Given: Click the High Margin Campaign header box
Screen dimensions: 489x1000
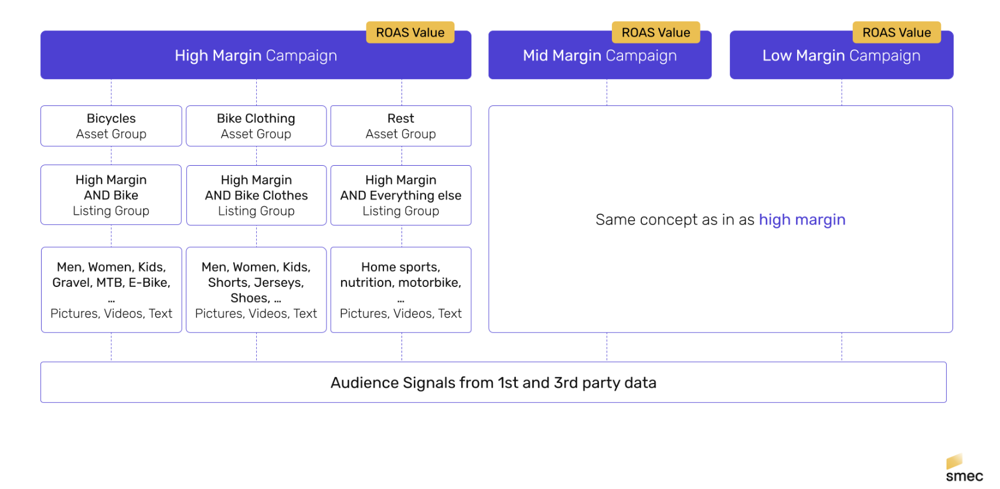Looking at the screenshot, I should pos(256,56).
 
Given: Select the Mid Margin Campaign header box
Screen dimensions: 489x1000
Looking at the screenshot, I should pos(600,56).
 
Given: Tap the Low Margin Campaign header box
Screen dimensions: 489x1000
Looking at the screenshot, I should pos(841,56).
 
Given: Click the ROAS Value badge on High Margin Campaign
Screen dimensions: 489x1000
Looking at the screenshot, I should pos(410,33).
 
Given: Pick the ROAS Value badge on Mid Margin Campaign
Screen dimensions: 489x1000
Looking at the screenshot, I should pos(656,33).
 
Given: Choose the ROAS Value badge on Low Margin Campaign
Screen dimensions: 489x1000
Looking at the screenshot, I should pos(896,33).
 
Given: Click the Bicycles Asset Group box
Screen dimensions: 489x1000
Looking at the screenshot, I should pos(111,126).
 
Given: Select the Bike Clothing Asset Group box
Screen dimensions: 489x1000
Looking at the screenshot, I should pos(256,126).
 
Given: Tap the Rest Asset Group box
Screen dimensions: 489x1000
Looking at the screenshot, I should pos(401,126).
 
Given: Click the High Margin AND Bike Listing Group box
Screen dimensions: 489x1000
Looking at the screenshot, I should pos(111,195).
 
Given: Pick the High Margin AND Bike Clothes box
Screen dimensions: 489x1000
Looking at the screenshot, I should pos(256,196).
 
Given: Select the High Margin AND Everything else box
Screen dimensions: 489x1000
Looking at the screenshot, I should pos(401,196).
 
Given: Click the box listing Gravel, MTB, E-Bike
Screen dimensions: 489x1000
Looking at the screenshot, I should pos(111,290).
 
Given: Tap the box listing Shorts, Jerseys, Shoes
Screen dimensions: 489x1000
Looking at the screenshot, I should pos(256,290).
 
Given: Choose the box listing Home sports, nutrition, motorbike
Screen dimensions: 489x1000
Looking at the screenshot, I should pos(401,290).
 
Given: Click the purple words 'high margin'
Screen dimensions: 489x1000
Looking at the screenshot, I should pos(802,220).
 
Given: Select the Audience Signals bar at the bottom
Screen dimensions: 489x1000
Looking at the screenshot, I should pos(493,382).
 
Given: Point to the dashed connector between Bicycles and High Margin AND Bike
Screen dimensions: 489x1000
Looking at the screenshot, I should pos(111,156).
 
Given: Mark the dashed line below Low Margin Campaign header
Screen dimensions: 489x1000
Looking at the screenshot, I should pos(842,93).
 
